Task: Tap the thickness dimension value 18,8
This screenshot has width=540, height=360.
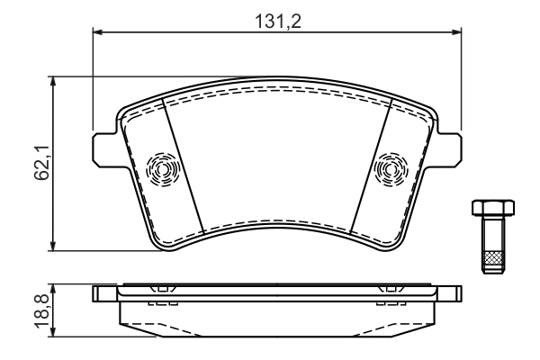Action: [41, 310]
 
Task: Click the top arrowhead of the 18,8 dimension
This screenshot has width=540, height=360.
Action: [56, 289]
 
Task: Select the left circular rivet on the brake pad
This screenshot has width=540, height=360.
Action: [163, 167]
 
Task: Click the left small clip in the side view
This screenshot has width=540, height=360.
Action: [161, 290]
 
